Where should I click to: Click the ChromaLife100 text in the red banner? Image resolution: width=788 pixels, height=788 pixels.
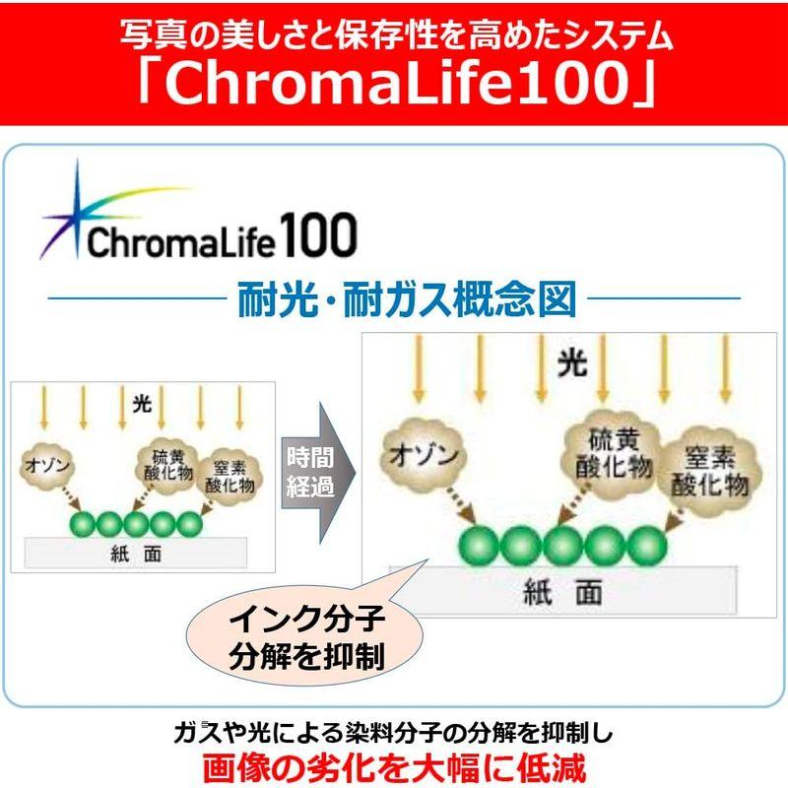click(x=397, y=83)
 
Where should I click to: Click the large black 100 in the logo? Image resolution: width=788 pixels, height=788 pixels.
click(x=318, y=234)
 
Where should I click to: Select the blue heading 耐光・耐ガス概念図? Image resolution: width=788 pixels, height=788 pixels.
click(x=407, y=299)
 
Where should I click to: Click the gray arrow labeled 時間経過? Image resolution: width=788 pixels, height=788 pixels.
click(x=317, y=473)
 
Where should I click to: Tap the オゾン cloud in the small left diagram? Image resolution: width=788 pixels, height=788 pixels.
click(x=47, y=465)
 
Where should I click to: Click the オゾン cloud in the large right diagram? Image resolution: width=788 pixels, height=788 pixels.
click(x=424, y=455)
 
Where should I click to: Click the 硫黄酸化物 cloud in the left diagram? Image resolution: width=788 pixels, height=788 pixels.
click(x=168, y=465)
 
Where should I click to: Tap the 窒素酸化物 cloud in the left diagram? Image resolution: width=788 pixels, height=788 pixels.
click(x=230, y=477)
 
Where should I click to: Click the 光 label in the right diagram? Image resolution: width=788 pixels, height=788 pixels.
click(x=572, y=362)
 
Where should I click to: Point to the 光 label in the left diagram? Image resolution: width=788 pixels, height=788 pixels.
click(x=142, y=404)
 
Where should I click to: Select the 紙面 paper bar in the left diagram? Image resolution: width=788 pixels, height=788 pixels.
click(x=136, y=553)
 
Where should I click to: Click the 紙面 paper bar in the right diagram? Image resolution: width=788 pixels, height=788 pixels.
click(x=562, y=590)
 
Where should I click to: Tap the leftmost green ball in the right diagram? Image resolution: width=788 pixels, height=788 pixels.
click(x=479, y=546)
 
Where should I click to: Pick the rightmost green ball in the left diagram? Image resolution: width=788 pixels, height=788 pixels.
click(x=189, y=524)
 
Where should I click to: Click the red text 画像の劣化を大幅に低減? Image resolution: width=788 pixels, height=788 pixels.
click(x=394, y=767)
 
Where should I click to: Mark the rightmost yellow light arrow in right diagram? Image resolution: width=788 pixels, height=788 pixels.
click(x=725, y=369)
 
